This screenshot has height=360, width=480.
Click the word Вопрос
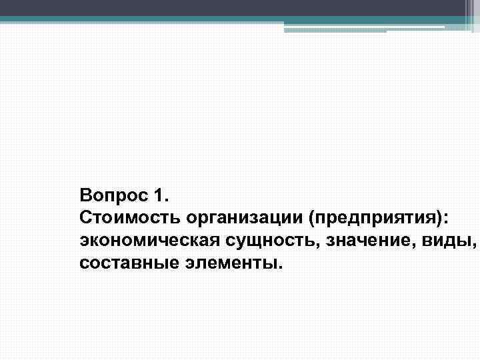pos(113,196)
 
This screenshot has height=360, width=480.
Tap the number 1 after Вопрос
pos(160,196)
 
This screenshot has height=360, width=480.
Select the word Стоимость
pos(129,218)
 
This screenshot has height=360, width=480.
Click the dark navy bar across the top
pos(233,7)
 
